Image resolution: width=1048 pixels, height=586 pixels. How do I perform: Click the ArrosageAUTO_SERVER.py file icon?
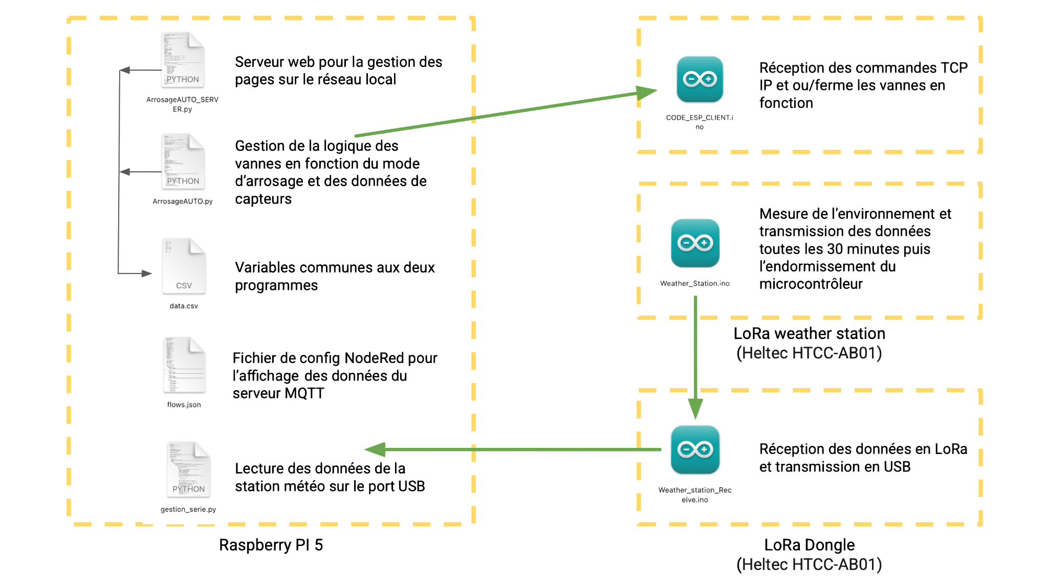pyautogui.click(x=183, y=60)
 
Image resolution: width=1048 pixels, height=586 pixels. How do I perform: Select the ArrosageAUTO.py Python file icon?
pyautogui.click(x=183, y=162)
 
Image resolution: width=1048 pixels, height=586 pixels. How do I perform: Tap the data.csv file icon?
pyautogui.click(x=184, y=266)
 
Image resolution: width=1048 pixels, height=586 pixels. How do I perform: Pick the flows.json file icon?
pyautogui.click(x=184, y=365)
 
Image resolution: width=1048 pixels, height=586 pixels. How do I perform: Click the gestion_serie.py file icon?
pyautogui.click(x=188, y=470)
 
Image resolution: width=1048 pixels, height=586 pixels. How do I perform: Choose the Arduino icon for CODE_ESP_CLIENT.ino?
pyautogui.click(x=700, y=79)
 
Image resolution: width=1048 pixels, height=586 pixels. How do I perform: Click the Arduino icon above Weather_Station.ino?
pyautogui.click(x=695, y=243)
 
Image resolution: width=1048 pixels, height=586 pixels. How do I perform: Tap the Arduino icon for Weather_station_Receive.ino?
pyautogui.click(x=695, y=449)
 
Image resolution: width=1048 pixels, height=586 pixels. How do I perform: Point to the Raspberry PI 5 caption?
pyautogui.click(x=271, y=545)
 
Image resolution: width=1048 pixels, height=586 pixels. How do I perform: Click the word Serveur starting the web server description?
pyautogui.click(x=259, y=62)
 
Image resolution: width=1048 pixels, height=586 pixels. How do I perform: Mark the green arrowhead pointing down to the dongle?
pyautogui.click(x=695, y=409)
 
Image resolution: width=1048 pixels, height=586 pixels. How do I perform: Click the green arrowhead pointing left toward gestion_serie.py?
pyautogui.click(x=375, y=449)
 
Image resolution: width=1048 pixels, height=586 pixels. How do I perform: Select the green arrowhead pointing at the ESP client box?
pyautogui.click(x=647, y=93)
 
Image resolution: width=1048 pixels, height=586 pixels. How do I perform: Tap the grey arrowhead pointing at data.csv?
pyautogui.click(x=147, y=274)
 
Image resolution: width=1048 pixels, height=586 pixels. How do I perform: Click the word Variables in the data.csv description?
pyautogui.click(x=265, y=267)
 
